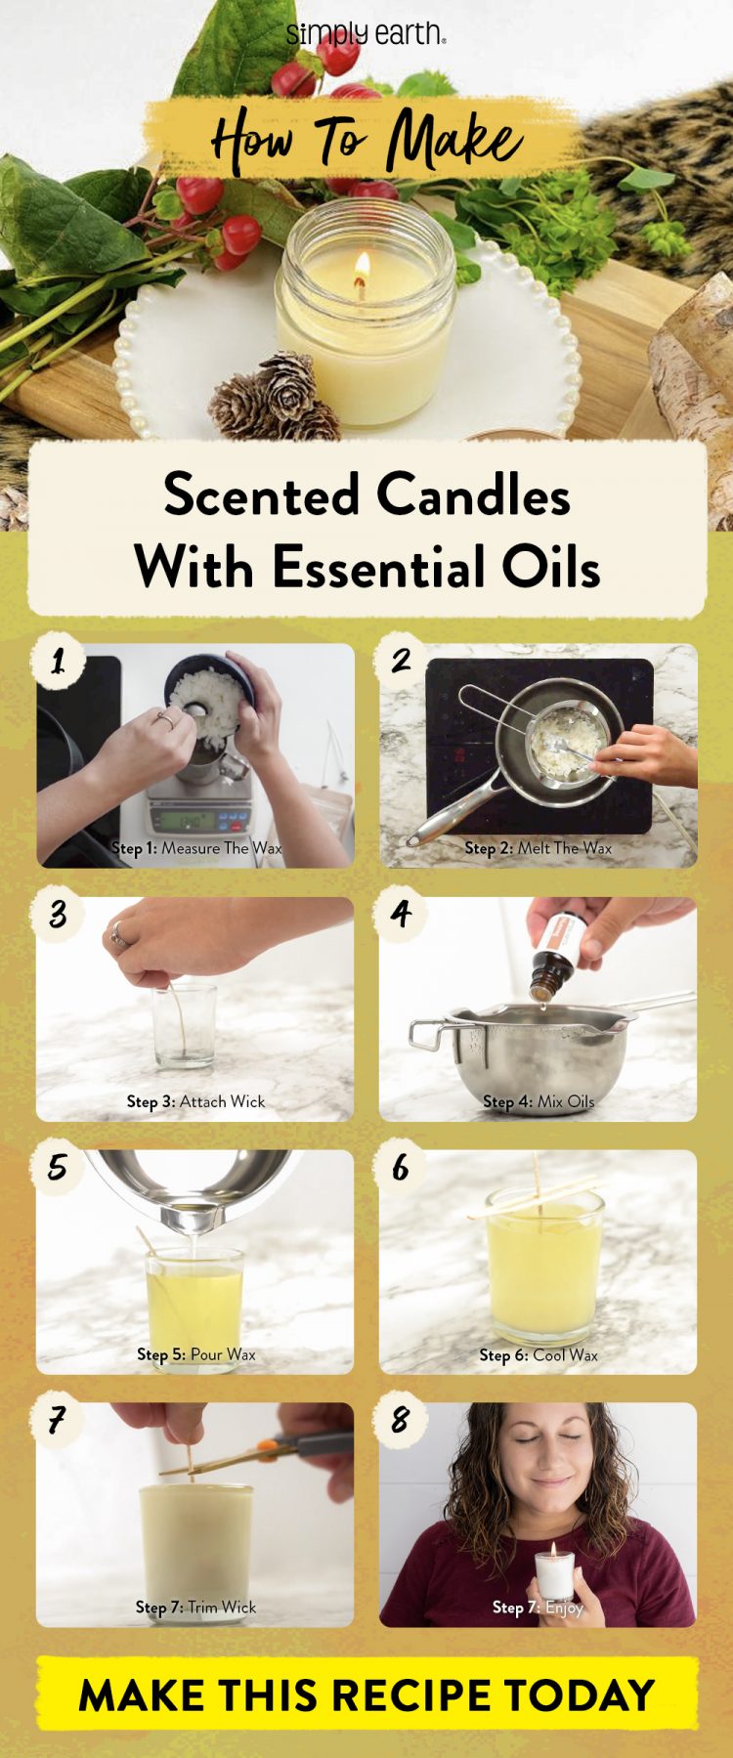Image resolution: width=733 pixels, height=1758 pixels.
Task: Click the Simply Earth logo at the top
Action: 366,34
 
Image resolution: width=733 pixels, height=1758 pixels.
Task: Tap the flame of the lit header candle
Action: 362,267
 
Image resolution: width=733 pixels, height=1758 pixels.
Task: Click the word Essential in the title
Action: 392,567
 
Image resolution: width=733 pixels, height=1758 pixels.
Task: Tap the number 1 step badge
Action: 58,662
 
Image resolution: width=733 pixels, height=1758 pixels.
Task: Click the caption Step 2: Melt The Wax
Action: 538,848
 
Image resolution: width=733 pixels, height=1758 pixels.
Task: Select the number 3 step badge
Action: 58,915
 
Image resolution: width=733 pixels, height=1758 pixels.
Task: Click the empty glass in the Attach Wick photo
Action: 184,1026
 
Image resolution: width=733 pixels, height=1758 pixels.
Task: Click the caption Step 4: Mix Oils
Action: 538,1101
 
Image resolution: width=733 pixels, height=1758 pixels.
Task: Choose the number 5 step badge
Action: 58,1167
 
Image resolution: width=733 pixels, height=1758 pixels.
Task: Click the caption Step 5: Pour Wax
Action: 195,1354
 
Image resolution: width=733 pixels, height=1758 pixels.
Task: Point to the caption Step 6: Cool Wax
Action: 538,1354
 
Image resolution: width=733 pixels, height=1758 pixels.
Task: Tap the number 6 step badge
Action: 401,1167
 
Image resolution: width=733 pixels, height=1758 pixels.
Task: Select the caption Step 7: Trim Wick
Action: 195,1607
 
